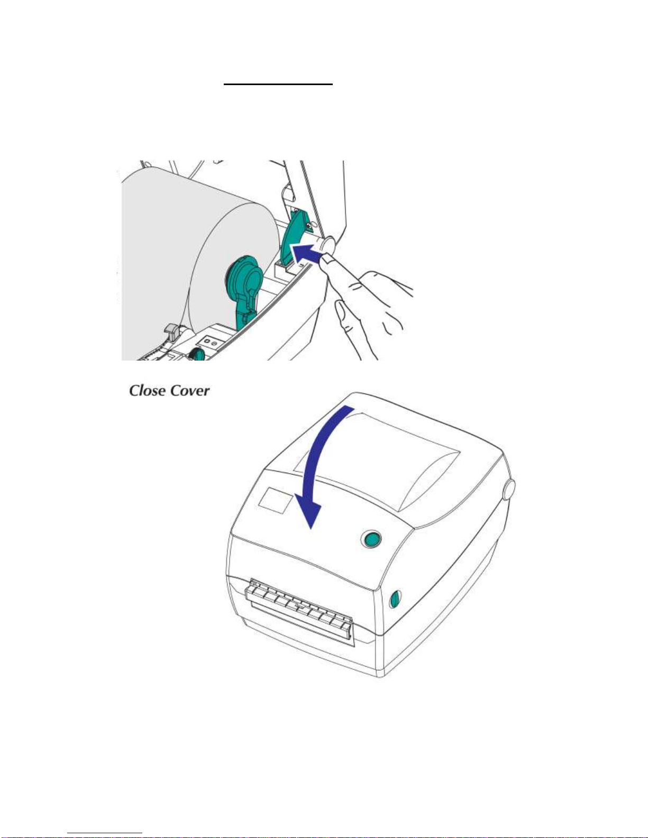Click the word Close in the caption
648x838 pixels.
148,391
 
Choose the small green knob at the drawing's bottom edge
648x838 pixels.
197,353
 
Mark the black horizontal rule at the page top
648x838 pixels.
278,84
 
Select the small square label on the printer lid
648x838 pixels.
275,500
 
